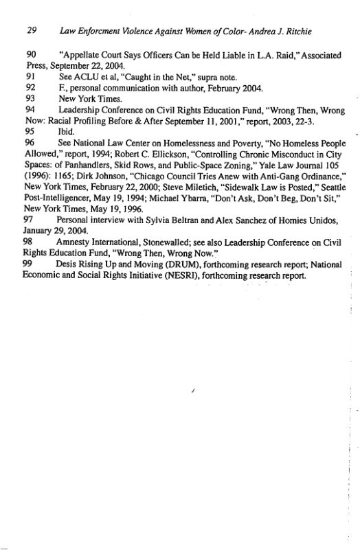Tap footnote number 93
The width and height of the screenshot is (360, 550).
pos(30,98)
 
